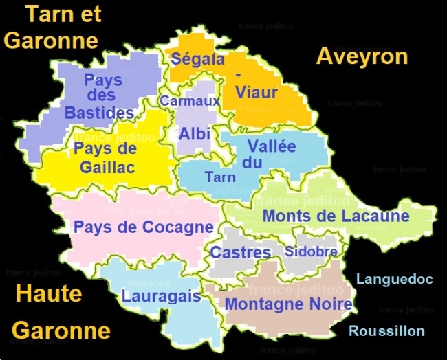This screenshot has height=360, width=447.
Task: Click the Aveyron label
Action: pyautogui.click(x=362, y=57)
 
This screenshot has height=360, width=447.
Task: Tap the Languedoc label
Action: pyautogui.click(x=394, y=280)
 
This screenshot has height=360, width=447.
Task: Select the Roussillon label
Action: pyautogui.click(x=386, y=331)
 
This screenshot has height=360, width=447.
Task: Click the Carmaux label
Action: pyautogui.click(x=190, y=101)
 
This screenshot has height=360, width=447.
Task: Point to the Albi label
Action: pyautogui.click(x=195, y=134)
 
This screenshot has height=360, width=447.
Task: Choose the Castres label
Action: pyautogui.click(x=241, y=252)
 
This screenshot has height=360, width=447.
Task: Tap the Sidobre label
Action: pyautogui.click(x=311, y=251)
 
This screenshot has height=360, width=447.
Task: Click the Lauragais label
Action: pyautogui.click(x=161, y=296)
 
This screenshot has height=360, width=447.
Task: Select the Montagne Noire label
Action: pyautogui.click(x=289, y=304)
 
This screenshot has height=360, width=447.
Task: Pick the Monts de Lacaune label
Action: pyautogui.click(x=336, y=216)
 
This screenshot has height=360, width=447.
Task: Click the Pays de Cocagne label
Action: pyautogui.click(x=144, y=227)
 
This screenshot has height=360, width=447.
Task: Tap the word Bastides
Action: pyautogui.click(x=100, y=113)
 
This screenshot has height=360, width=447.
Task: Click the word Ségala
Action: pyautogui.click(x=197, y=59)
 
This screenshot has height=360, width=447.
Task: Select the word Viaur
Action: pyautogui.click(x=256, y=92)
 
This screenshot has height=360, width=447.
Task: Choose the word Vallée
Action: pyautogui.click(x=272, y=146)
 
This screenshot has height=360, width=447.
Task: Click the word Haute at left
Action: pyautogui.click(x=48, y=294)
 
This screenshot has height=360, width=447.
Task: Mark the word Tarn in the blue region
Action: pyautogui.click(x=220, y=177)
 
